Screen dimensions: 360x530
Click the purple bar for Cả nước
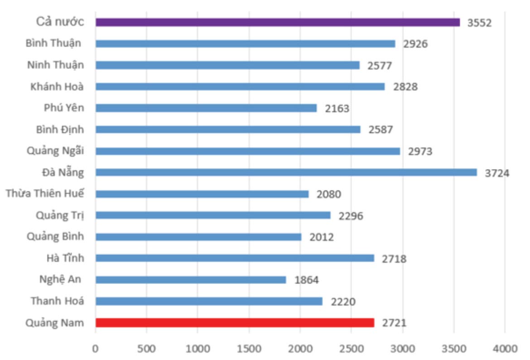coord(277,22)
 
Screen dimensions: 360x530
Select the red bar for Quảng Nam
coord(235,323)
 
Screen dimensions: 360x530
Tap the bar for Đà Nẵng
coord(286,172)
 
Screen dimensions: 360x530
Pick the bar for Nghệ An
coord(191,280)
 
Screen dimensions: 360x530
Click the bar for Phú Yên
coord(206,108)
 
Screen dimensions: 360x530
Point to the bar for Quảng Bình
coord(198,237)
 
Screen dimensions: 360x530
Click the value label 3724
coord(497,173)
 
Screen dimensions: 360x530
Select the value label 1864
coord(307,280)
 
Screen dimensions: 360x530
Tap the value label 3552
coord(479,23)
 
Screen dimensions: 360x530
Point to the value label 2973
coord(420,151)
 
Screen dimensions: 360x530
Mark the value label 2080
coord(329,195)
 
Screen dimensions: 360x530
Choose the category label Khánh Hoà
coord(57,86)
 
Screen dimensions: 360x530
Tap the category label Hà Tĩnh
coord(65,258)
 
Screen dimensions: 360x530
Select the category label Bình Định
coord(60,129)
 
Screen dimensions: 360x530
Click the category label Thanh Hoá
coord(57,301)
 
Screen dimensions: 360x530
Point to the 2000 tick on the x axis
coord(300,349)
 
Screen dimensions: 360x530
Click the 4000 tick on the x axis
coord(505,349)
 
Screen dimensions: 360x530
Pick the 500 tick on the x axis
coord(146,349)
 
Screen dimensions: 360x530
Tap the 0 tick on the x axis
coord(95,349)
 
